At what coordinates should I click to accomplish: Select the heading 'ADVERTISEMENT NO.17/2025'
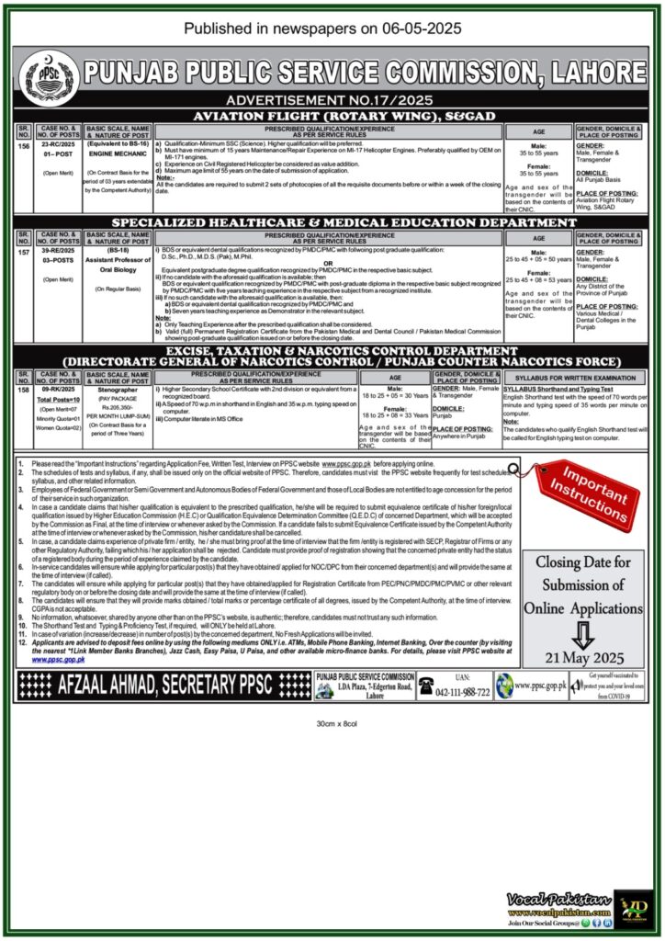pyautogui.click(x=332, y=99)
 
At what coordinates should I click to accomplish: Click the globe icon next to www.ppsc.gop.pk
pyautogui.click(x=504, y=686)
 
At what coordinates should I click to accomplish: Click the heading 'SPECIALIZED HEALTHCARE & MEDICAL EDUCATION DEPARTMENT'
pyautogui.click(x=332, y=223)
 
